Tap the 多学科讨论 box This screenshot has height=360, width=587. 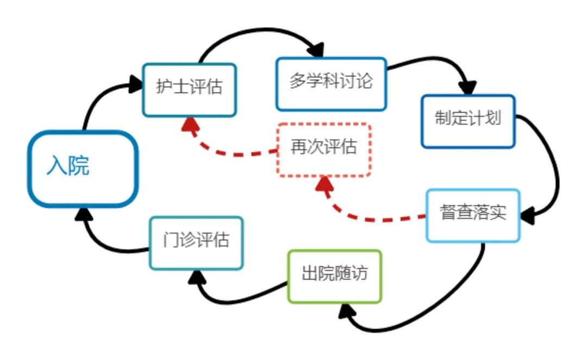coord(331,84)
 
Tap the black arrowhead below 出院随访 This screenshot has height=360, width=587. coord(346,312)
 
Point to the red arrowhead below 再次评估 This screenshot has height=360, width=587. coord(325,185)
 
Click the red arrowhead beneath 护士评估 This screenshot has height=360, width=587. coord(189,125)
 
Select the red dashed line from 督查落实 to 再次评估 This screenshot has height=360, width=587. coord(375,219)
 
